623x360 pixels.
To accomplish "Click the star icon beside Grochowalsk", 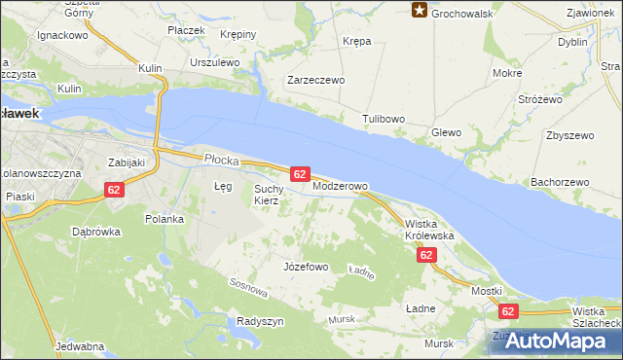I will [x=420, y=11].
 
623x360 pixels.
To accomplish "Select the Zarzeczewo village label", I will [x=315, y=81].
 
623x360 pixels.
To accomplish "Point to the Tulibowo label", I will [x=384, y=118].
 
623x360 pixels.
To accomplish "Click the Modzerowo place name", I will [x=340, y=185].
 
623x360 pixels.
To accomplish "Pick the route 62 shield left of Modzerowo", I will [x=300, y=173].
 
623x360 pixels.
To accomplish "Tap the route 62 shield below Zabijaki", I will [x=115, y=191].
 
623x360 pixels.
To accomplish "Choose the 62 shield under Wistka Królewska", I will [x=426, y=255].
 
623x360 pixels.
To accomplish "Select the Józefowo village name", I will [x=305, y=266].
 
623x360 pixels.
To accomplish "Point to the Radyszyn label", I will [x=260, y=321].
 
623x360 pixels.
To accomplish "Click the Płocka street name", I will [x=221, y=157].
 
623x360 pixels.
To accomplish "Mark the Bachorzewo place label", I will [x=561, y=182].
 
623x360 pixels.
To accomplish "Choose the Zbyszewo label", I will [x=569, y=135].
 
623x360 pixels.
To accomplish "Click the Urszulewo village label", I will [x=215, y=61].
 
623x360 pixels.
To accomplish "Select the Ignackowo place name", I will [x=62, y=35].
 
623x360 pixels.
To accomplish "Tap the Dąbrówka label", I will [x=95, y=232].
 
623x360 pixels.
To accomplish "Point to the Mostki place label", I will [x=486, y=291].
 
